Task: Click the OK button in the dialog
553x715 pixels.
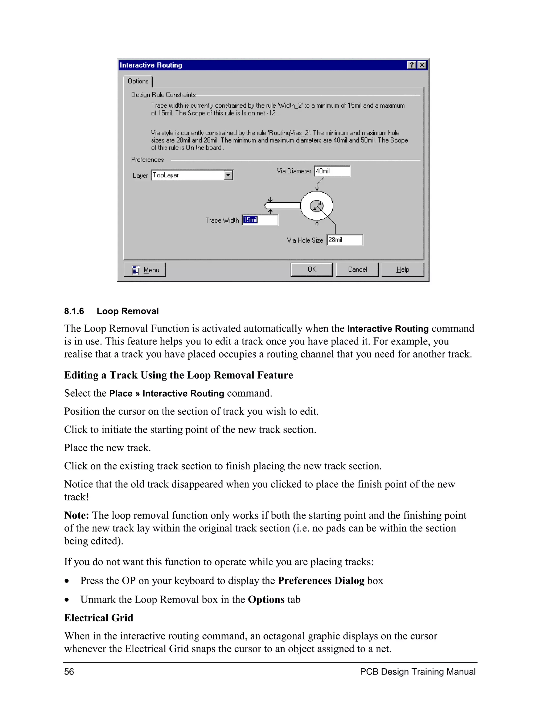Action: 311,270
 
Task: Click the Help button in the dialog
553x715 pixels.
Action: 403,270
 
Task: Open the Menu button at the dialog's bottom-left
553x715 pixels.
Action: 144,270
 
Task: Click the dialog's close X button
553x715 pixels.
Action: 422,65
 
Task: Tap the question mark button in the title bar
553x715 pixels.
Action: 412,65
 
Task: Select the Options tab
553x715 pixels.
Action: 138,81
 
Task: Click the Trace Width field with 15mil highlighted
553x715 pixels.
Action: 260,220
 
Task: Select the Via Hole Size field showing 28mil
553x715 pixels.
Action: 345,240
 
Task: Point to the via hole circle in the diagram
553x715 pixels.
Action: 317,206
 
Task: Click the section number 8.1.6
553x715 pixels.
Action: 74,311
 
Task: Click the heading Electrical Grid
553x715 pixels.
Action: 99,618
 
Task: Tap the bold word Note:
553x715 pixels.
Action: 77,515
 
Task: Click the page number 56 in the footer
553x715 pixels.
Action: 69,672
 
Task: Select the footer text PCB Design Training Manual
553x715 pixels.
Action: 417,672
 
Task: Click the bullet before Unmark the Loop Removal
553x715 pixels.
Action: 67,600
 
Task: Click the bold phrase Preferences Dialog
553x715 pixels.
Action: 321,581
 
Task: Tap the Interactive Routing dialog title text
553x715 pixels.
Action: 151,65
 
